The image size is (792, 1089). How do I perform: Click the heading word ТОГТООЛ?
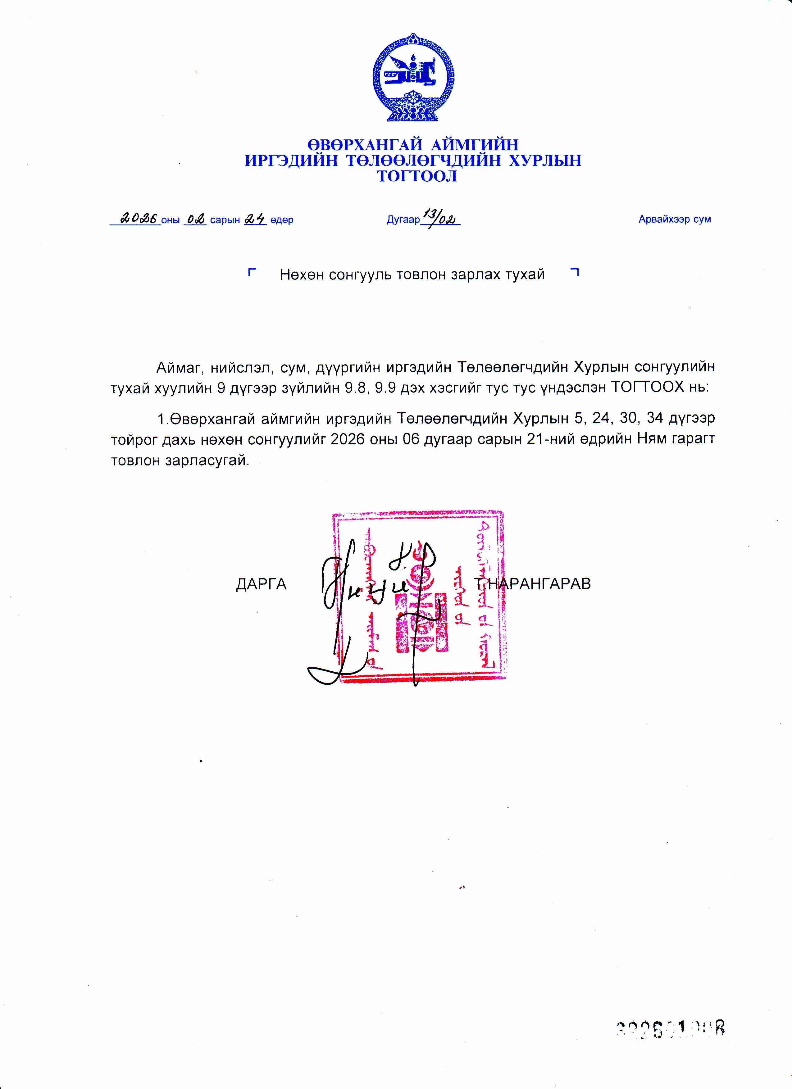[x=417, y=177]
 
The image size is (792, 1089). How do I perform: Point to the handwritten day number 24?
[x=255, y=219]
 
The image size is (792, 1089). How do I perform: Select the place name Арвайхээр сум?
[x=674, y=220]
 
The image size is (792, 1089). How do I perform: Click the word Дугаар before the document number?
[x=403, y=220]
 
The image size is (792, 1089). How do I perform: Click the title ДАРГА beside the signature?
[x=261, y=584]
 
